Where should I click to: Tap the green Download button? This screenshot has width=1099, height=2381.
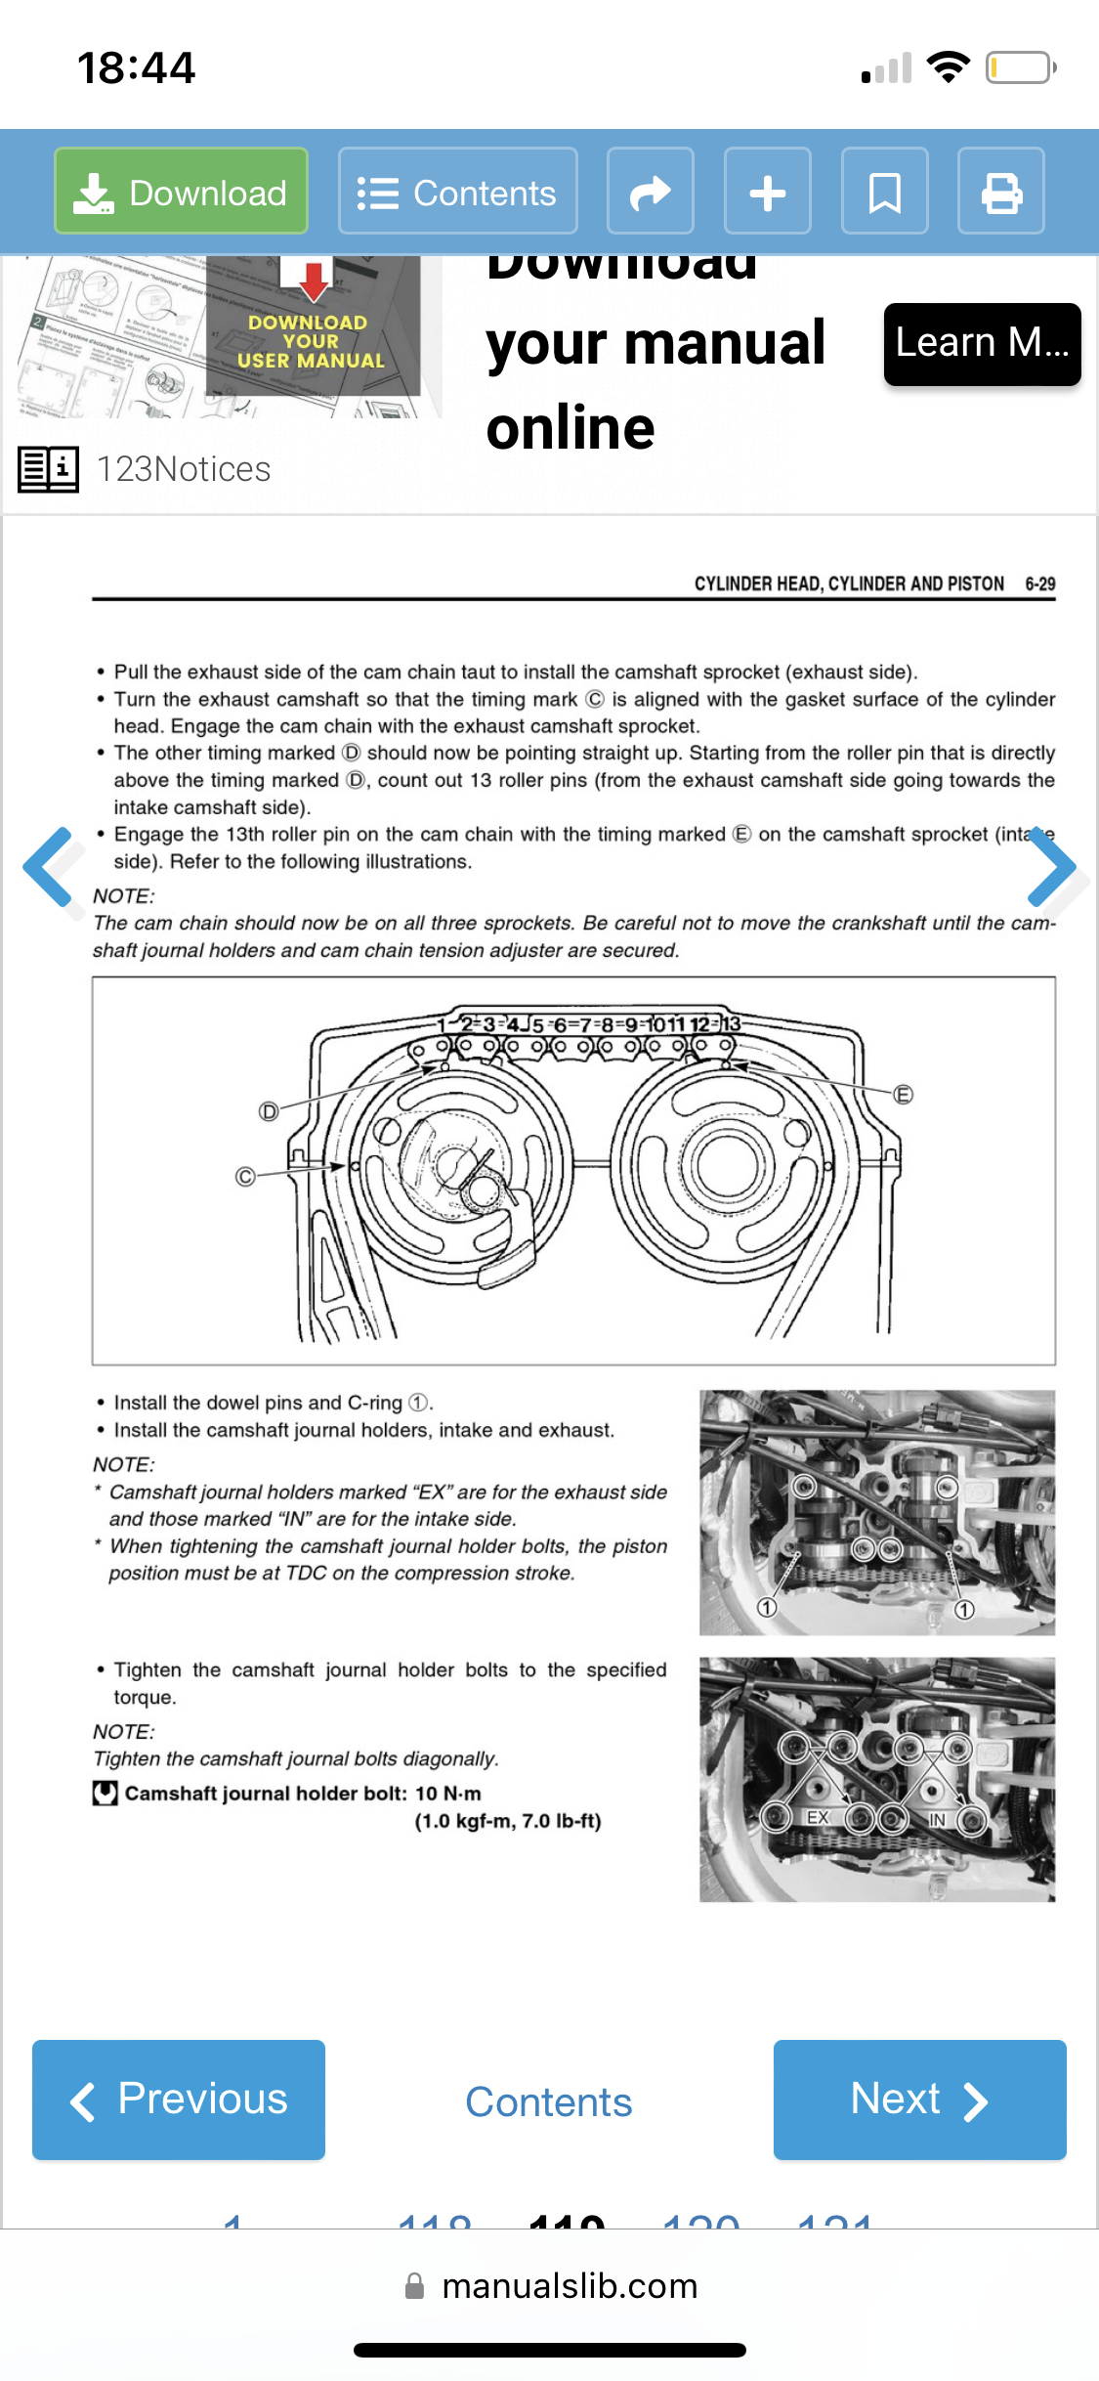181,192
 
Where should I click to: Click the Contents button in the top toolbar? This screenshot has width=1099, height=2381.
457,192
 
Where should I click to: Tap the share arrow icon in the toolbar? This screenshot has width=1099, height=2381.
650,192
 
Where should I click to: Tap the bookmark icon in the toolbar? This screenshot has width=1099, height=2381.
884,192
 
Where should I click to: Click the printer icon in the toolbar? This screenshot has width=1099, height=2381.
1000,192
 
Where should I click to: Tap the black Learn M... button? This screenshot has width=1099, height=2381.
982,344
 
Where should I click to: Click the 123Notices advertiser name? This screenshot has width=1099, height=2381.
184,469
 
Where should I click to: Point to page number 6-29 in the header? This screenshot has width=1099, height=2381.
1039,584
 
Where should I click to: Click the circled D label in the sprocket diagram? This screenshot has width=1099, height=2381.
269,1111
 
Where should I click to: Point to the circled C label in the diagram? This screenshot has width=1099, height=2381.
245,1177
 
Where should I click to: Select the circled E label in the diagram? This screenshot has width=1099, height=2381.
904,1095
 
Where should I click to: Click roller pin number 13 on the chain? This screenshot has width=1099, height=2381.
731,1024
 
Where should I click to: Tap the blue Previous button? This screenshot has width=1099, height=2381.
179,2100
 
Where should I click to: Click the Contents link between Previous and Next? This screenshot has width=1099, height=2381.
549,2102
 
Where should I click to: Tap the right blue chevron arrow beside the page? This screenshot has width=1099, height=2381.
1052,867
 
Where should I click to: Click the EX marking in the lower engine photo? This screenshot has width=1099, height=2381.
818,1817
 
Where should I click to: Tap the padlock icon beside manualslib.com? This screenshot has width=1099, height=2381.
415,2286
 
